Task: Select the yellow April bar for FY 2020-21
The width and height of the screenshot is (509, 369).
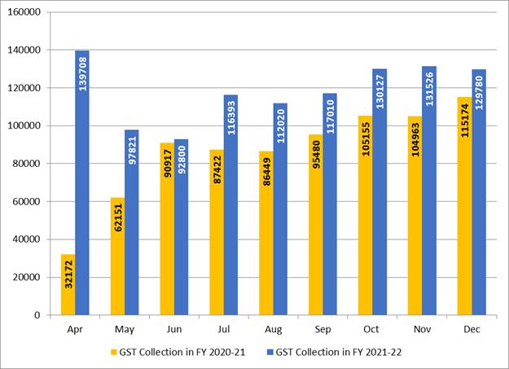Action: click(68, 284)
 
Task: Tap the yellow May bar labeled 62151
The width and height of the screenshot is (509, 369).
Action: click(117, 256)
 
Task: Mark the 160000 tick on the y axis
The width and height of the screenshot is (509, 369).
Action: click(27, 12)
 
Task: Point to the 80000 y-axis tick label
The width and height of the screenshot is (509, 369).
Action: click(29, 164)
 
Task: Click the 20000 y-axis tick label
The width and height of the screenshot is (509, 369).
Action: click(29, 278)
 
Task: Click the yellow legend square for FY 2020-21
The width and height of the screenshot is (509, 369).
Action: click(113, 353)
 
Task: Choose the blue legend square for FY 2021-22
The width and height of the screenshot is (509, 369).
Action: click(268, 353)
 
